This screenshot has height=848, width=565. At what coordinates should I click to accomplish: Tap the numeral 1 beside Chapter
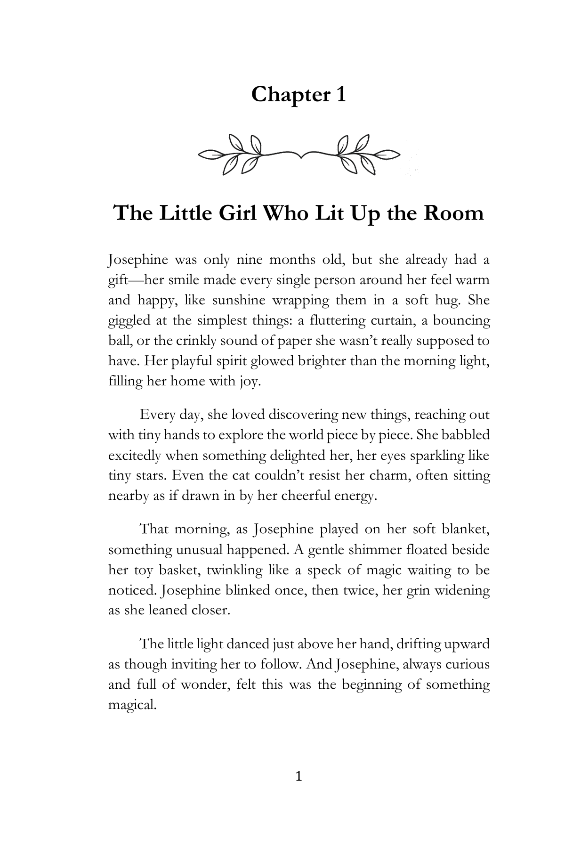click(340, 95)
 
